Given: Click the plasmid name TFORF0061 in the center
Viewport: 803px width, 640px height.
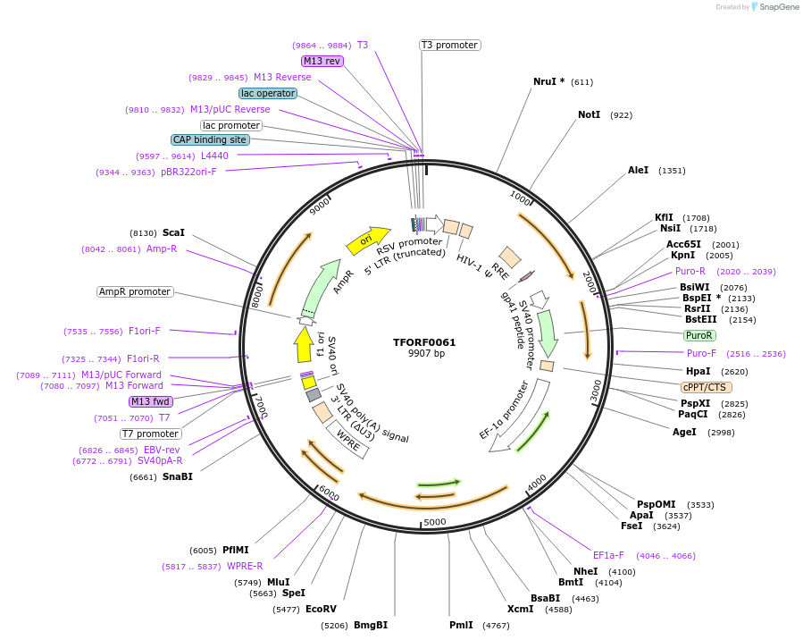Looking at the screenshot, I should click(424, 342).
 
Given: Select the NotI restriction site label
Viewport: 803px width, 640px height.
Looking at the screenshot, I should click(589, 115).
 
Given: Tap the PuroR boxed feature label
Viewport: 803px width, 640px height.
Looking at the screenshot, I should click(698, 335).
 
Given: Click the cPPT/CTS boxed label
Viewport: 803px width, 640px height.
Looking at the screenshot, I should click(706, 387).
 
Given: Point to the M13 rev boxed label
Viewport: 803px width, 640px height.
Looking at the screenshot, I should click(322, 61).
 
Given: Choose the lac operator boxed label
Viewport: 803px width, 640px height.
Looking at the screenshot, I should click(267, 93).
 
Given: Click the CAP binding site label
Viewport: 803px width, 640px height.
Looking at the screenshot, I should click(210, 139).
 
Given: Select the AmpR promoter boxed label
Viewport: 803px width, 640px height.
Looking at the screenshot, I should click(135, 291).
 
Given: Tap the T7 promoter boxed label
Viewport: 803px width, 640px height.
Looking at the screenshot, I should click(151, 434).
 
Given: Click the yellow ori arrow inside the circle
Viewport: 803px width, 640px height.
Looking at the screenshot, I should click(367, 239).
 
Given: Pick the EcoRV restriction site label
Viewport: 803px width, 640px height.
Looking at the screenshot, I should click(321, 609).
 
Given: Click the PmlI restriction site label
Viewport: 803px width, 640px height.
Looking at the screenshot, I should click(461, 625).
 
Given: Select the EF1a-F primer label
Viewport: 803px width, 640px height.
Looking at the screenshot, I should click(608, 555).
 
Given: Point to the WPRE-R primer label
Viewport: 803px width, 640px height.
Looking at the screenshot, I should click(245, 566).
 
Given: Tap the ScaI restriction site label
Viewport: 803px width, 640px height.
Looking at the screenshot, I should click(173, 232).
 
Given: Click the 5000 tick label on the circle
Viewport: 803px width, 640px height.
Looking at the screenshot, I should click(435, 522).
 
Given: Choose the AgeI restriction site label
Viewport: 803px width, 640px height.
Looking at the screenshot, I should click(684, 432).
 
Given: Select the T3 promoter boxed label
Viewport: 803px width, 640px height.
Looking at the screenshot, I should click(449, 45).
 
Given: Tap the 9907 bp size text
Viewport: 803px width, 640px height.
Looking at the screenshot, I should click(424, 354).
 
